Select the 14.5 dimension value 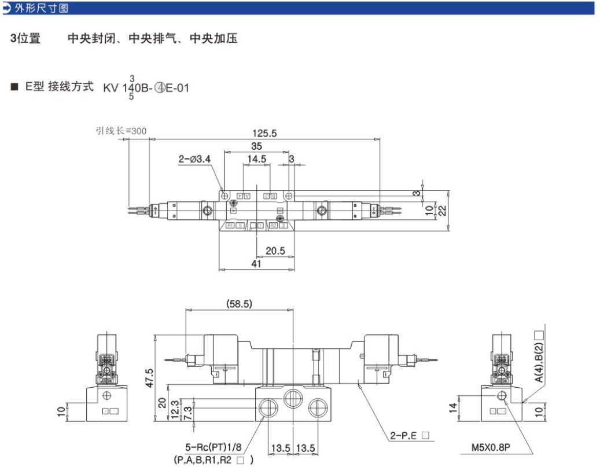256,159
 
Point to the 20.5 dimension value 275,251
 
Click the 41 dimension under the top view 256,264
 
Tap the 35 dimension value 256,146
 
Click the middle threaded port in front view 293,399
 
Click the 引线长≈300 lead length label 121,131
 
